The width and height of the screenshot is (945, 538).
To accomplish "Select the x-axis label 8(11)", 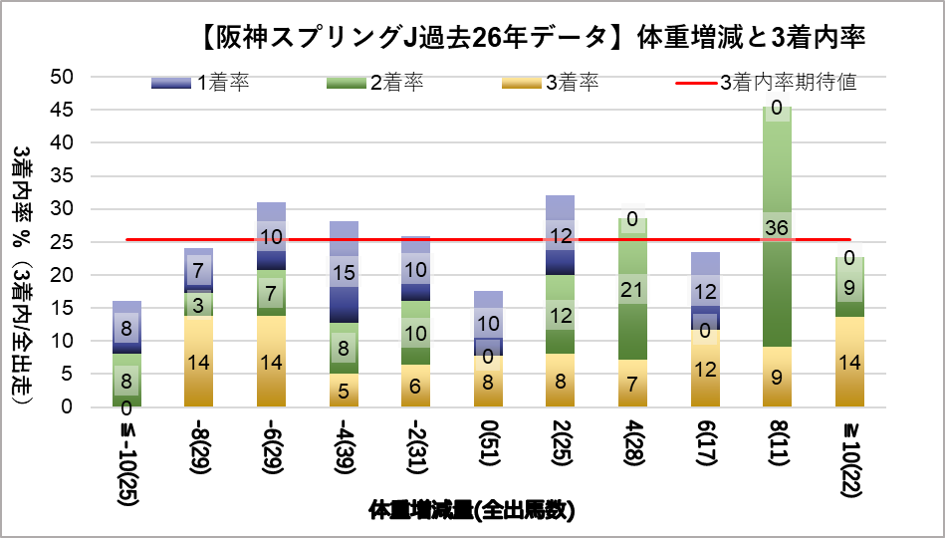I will (x=777, y=447).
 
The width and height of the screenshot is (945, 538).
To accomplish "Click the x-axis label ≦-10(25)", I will (x=126, y=459).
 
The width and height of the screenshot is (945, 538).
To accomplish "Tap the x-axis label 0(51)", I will (x=488, y=447).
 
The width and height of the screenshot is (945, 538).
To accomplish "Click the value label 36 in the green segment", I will (x=777, y=227).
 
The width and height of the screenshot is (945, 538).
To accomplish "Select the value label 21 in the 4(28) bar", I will (x=632, y=290).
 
